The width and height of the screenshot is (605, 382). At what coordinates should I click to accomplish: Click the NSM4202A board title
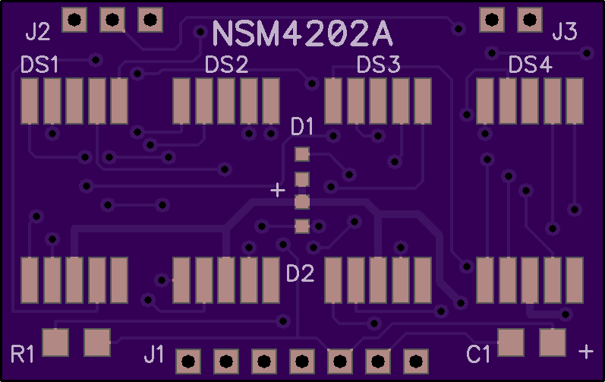pyautogui.click(x=302, y=34)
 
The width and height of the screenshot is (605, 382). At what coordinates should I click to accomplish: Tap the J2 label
pyautogui.click(x=38, y=32)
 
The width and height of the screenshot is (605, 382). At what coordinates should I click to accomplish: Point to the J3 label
pyautogui.click(x=565, y=32)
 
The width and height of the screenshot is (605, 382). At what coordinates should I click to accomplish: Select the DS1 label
pyautogui.click(x=39, y=65)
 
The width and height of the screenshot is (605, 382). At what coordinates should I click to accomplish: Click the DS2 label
pyautogui.click(x=226, y=65)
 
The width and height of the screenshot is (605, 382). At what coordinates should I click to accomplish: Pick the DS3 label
pyautogui.click(x=378, y=65)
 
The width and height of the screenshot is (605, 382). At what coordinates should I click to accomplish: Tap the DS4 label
pyautogui.click(x=530, y=65)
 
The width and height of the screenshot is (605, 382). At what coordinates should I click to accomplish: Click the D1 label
pyautogui.click(x=301, y=127)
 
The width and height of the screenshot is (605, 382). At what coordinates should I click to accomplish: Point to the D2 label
pyautogui.click(x=300, y=273)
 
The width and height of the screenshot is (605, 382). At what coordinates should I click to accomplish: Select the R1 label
pyautogui.click(x=22, y=354)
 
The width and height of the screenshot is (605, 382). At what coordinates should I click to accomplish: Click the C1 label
pyautogui.click(x=478, y=354)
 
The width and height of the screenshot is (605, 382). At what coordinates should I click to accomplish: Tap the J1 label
pyautogui.click(x=154, y=354)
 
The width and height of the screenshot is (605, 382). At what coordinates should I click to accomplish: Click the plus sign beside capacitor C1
pyautogui.click(x=586, y=352)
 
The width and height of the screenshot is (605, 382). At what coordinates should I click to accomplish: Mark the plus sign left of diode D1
pyautogui.click(x=278, y=190)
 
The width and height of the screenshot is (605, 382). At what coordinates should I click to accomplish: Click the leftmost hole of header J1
pyautogui.click(x=188, y=361)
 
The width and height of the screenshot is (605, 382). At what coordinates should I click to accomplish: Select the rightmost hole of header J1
pyautogui.click(x=415, y=361)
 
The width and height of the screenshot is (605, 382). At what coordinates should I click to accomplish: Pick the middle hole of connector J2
pyautogui.click(x=112, y=19)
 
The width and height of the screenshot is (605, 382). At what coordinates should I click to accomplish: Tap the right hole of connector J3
pyautogui.click(x=530, y=19)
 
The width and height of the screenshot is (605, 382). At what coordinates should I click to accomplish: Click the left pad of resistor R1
pyautogui.click(x=55, y=343)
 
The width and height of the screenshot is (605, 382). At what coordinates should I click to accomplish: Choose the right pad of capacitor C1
pyautogui.click(x=553, y=343)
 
